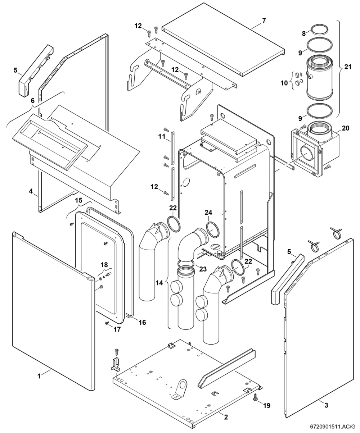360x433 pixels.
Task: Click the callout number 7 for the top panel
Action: (x=264, y=21)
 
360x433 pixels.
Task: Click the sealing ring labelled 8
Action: (x=319, y=26)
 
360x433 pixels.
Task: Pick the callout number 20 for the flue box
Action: (x=345, y=128)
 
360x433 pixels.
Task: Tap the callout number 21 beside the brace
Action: (x=348, y=67)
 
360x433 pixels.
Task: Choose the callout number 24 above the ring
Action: (x=208, y=212)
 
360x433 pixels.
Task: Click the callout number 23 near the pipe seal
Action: (x=203, y=269)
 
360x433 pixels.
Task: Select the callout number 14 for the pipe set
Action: (x=159, y=283)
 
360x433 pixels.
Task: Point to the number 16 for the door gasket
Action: (x=142, y=322)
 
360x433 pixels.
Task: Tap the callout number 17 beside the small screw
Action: (x=117, y=329)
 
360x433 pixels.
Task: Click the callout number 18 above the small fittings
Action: (x=104, y=265)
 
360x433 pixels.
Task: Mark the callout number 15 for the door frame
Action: (x=78, y=200)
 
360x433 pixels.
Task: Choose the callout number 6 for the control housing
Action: (x=33, y=101)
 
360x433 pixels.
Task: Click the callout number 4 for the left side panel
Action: (x=31, y=191)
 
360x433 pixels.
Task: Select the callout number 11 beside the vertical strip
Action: (x=162, y=136)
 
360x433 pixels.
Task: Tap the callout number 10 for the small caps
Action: (x=284, y=83)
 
